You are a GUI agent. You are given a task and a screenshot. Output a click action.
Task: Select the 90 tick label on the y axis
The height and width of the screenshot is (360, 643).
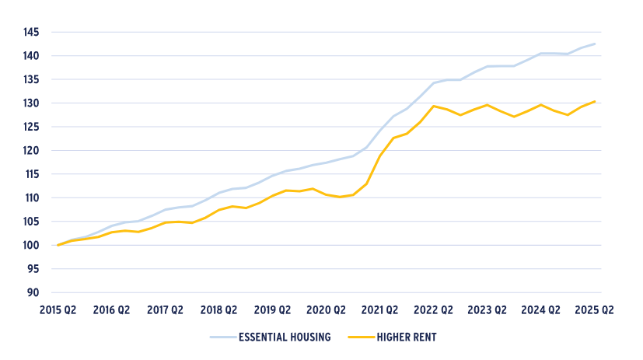(x=33, y=293)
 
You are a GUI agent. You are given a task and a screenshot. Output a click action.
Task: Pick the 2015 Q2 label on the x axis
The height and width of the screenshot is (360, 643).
(x=58, y=309)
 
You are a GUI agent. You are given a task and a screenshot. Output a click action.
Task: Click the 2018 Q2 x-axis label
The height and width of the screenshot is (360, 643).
(x=218, y=309)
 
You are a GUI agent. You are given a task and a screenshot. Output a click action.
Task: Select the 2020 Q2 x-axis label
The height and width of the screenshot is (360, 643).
(x=326, y=309)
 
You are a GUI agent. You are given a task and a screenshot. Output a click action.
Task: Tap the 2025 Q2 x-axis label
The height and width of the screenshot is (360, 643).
(x=595, y=309)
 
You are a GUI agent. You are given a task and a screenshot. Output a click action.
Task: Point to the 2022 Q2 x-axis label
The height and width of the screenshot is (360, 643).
(x=433, y=309)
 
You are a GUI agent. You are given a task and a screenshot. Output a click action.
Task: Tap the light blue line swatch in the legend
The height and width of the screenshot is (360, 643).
(x=223, y=337)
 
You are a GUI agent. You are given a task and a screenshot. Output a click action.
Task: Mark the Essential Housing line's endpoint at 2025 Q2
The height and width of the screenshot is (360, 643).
(x=595, y=44)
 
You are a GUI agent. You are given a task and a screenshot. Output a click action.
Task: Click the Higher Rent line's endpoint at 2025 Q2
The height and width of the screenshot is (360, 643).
(x=595, y=101)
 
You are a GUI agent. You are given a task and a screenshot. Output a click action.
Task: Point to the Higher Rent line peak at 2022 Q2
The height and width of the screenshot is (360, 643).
(x=433, y=106)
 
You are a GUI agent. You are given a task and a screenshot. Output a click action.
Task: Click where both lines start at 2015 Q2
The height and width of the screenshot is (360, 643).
(x=58, y=245)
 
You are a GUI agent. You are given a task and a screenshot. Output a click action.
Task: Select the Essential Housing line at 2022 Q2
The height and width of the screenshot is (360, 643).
(x=433, y=83)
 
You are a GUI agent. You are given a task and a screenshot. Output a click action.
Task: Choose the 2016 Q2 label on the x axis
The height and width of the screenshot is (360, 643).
(x=111, y=309)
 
